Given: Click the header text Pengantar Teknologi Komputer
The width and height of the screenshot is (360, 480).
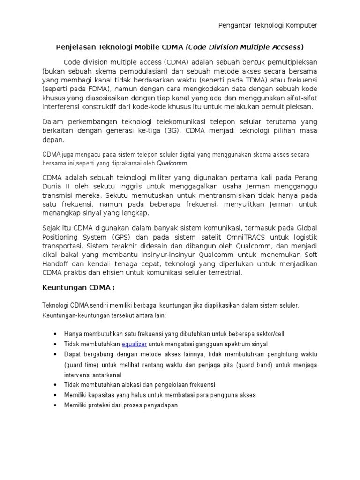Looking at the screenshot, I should [x=268, y=25].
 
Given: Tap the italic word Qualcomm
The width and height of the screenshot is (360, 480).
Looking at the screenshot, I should [x=172, y=164].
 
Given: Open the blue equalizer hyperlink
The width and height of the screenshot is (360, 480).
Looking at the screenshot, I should [x=134, y=344].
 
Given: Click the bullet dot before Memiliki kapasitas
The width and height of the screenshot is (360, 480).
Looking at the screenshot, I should [x=55, y=395].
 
